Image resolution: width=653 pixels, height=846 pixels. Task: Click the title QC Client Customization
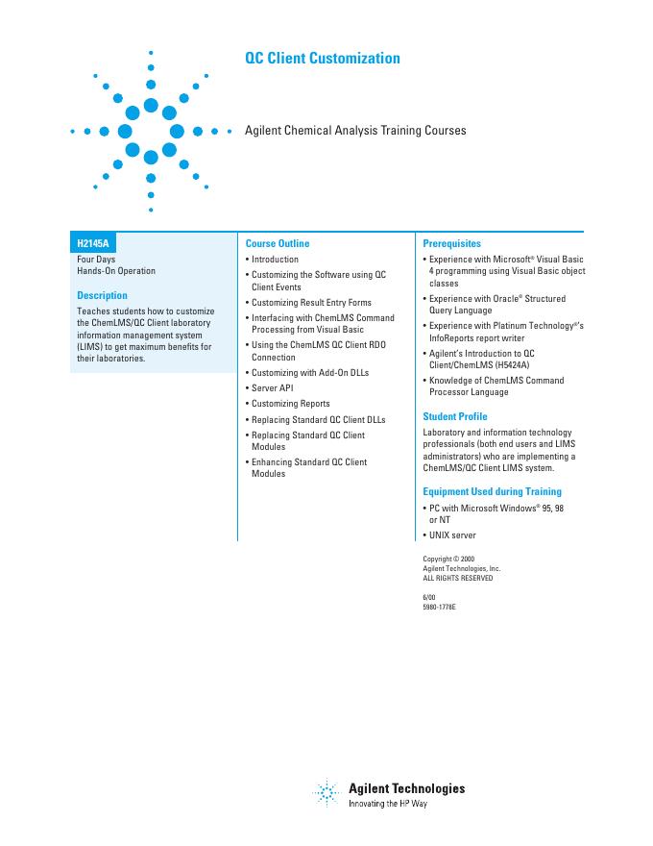(x=323, y=59)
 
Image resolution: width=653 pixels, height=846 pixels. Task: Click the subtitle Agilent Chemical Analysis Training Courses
(x=355, y=130)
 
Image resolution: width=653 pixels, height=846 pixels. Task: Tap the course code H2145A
(x=93, y=244)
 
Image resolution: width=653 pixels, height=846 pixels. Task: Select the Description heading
(x=102, y=295)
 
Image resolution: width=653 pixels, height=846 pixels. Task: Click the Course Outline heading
(x=278, y=244)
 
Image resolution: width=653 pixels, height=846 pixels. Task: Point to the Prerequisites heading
(x=451, y=244)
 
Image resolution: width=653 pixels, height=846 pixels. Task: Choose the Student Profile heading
(x=455, y=416)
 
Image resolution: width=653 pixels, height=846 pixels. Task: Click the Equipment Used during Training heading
(x=492, y=492)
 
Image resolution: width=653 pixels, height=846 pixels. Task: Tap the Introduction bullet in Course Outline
(x=275, y=260)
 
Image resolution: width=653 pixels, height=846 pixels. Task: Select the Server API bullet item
(x=272, y=388)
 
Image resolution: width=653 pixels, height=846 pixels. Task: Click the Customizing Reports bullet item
(x=290, y=404)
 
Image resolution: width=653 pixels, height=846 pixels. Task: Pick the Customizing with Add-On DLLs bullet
(x=309, y=372)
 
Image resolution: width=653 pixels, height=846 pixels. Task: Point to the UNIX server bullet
(x=452, y=535)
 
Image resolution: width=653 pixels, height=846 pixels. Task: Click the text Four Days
(x=96, y=260)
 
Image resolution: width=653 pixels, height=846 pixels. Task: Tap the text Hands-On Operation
(x=116, y=271)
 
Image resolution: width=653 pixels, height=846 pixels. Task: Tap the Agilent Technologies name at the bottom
(x=406, y=788)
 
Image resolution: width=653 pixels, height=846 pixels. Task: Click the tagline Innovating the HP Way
(x=387, y=803)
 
